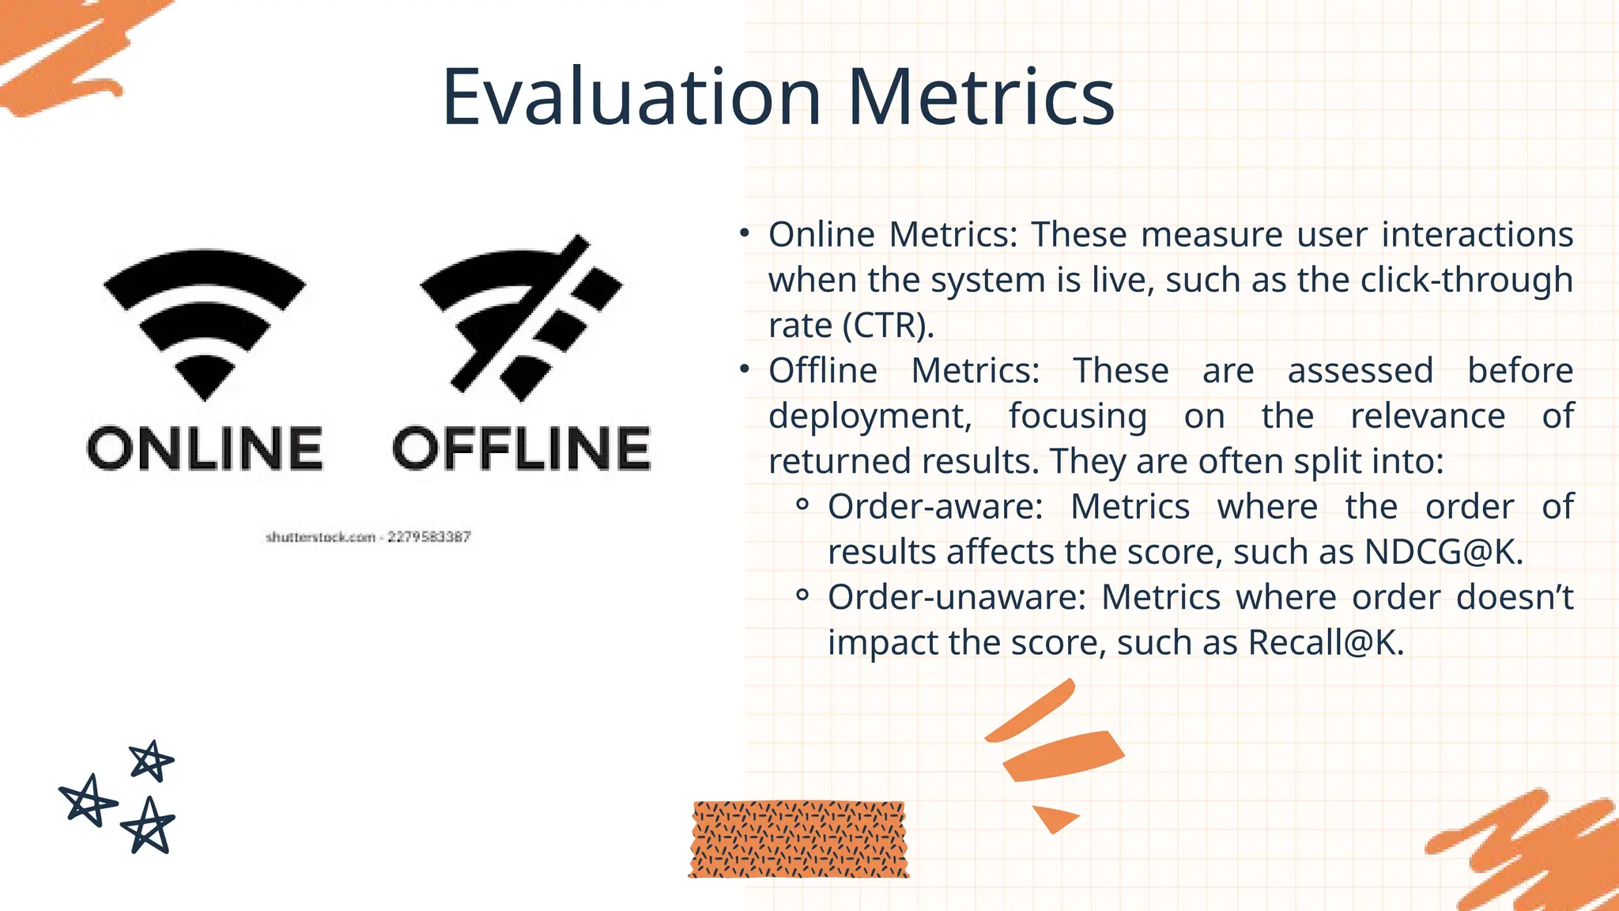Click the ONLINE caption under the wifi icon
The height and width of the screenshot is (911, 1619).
[205, 448]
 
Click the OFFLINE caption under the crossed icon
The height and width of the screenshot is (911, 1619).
[522, 448]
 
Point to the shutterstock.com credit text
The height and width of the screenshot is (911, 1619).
[368, 538]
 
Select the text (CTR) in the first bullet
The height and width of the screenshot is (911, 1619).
[889, 326]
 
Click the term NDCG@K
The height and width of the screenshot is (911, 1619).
[1443, 552]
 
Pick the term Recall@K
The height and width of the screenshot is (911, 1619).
[1325, 643]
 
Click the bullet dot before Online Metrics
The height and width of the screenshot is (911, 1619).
[744, 233]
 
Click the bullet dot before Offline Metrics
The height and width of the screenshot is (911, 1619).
[744, 369]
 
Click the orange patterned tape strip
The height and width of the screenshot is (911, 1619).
[798, 839]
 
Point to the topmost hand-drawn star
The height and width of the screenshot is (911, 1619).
[151, 761]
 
